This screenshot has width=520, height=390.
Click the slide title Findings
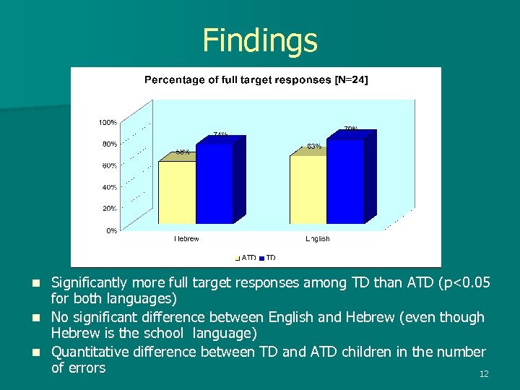(x=260, y=40)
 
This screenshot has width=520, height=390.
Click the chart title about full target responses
(x=256, y=79)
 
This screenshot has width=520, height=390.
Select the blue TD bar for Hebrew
(x=214, y=183)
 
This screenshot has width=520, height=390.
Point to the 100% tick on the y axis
(x=108, y=123)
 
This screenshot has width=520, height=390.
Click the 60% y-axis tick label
(x=110, y=166)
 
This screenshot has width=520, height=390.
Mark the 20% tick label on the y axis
(x=110, y=209)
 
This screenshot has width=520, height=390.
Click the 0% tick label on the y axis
(x=112, y=231)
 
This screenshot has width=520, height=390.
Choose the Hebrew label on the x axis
(x=186, y=239)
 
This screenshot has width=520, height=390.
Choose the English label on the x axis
(x=317, y=239)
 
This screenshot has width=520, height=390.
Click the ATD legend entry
(x=245, y=257)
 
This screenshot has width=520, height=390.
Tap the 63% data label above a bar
(x=314, y=147)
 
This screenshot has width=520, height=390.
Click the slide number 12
(x=484, y=374)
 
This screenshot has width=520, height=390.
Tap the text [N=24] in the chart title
(x=352, y=79)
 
